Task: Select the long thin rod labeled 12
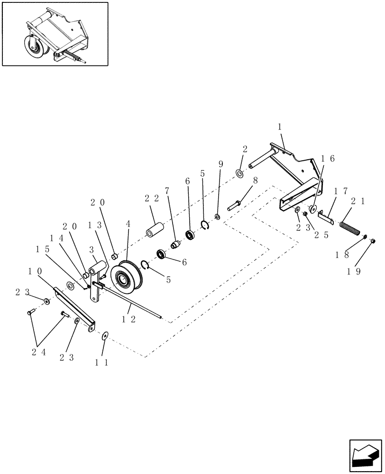click(x=133, y=302)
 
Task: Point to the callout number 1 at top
click(x=280, y=128)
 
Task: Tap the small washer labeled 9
click(x=217, y=217)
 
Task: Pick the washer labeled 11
click(x=105, y=335)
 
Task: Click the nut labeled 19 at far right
click(x=373, y=241)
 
